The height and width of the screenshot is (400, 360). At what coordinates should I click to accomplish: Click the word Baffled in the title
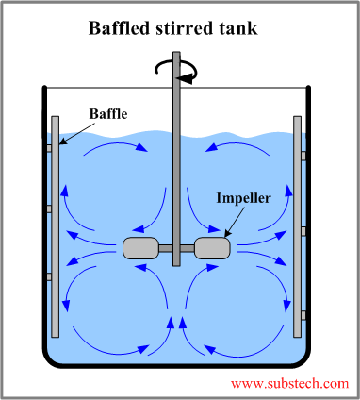[120, 27]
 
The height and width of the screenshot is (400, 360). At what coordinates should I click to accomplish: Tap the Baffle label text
[108, 114]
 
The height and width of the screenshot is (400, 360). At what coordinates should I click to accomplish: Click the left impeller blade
[142, 248]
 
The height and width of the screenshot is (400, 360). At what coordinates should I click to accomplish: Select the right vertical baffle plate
[297, 226]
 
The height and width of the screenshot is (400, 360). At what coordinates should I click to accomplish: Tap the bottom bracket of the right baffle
[304, 313]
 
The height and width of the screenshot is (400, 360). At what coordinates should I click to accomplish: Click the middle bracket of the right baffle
[304, 230]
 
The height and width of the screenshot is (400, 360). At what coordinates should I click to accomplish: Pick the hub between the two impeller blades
[177, 249]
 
